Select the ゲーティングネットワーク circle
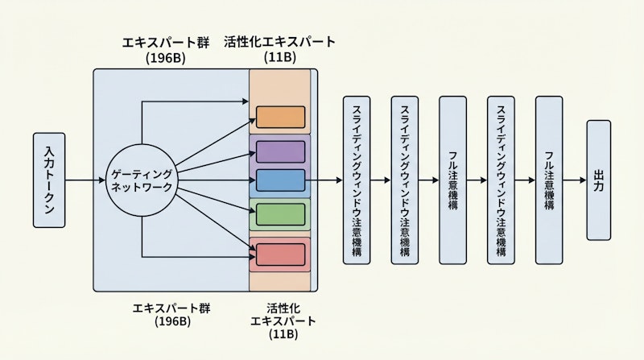coord(141,180)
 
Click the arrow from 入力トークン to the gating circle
coord(86,180)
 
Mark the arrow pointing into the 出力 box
coord(576,180)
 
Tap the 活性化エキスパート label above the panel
coord(279,41)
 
